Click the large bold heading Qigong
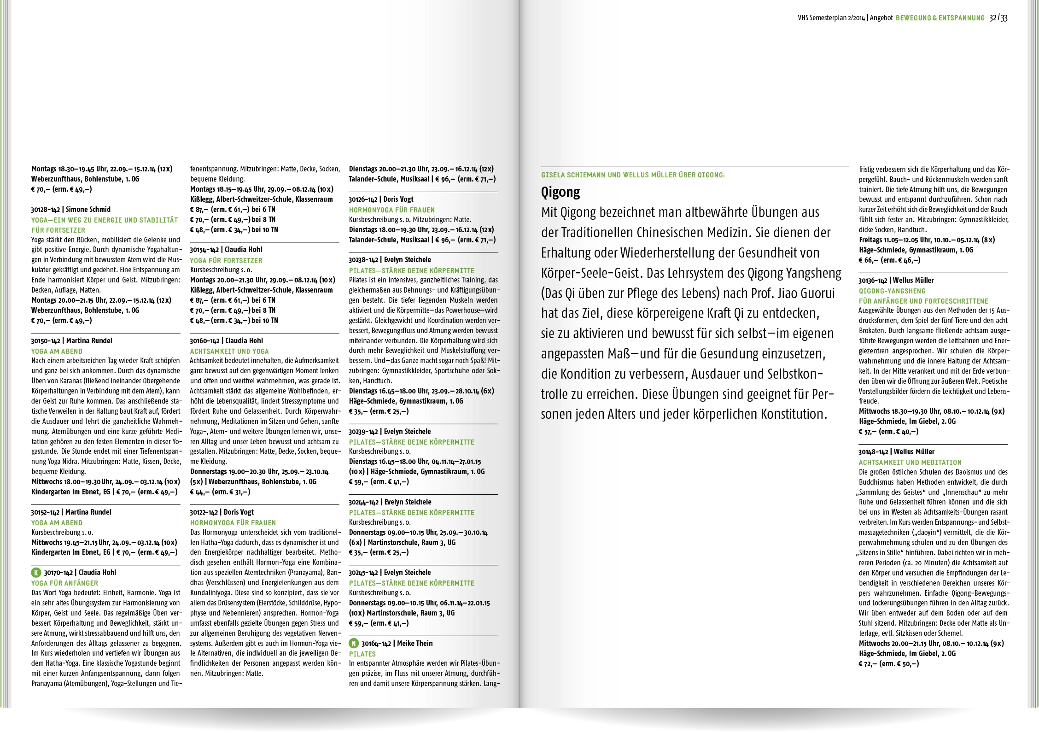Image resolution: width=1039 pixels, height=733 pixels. click(560, 192)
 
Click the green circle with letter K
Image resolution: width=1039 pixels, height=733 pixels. click(36, 573)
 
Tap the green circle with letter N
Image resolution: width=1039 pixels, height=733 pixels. click(354, 644)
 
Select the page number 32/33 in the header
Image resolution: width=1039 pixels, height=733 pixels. click(998, 18)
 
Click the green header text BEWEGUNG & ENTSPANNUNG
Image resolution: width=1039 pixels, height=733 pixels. click(940, 18)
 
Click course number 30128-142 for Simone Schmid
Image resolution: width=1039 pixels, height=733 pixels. click(45, 210)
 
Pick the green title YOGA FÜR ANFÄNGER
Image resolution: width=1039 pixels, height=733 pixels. click(64, 583)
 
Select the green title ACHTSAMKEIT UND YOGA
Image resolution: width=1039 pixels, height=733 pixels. click(229, 351)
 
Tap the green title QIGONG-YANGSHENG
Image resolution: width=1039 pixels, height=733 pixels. click(892, 291)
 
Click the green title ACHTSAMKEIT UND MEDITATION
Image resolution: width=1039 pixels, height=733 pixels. click(910, 463)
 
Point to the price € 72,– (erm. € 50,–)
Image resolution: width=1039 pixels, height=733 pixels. click(888, 664)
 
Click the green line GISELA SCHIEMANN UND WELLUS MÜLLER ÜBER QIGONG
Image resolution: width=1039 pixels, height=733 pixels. click(633, 175)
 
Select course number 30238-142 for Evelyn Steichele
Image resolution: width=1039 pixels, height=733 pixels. click(363, 260)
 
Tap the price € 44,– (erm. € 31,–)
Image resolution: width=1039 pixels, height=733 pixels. click(220, 492)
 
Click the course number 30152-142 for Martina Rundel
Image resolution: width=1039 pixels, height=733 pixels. click(45, 512)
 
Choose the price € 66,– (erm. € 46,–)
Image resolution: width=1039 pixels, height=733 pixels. click(889, 260)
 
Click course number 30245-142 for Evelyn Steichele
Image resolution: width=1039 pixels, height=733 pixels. click(363, 573)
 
